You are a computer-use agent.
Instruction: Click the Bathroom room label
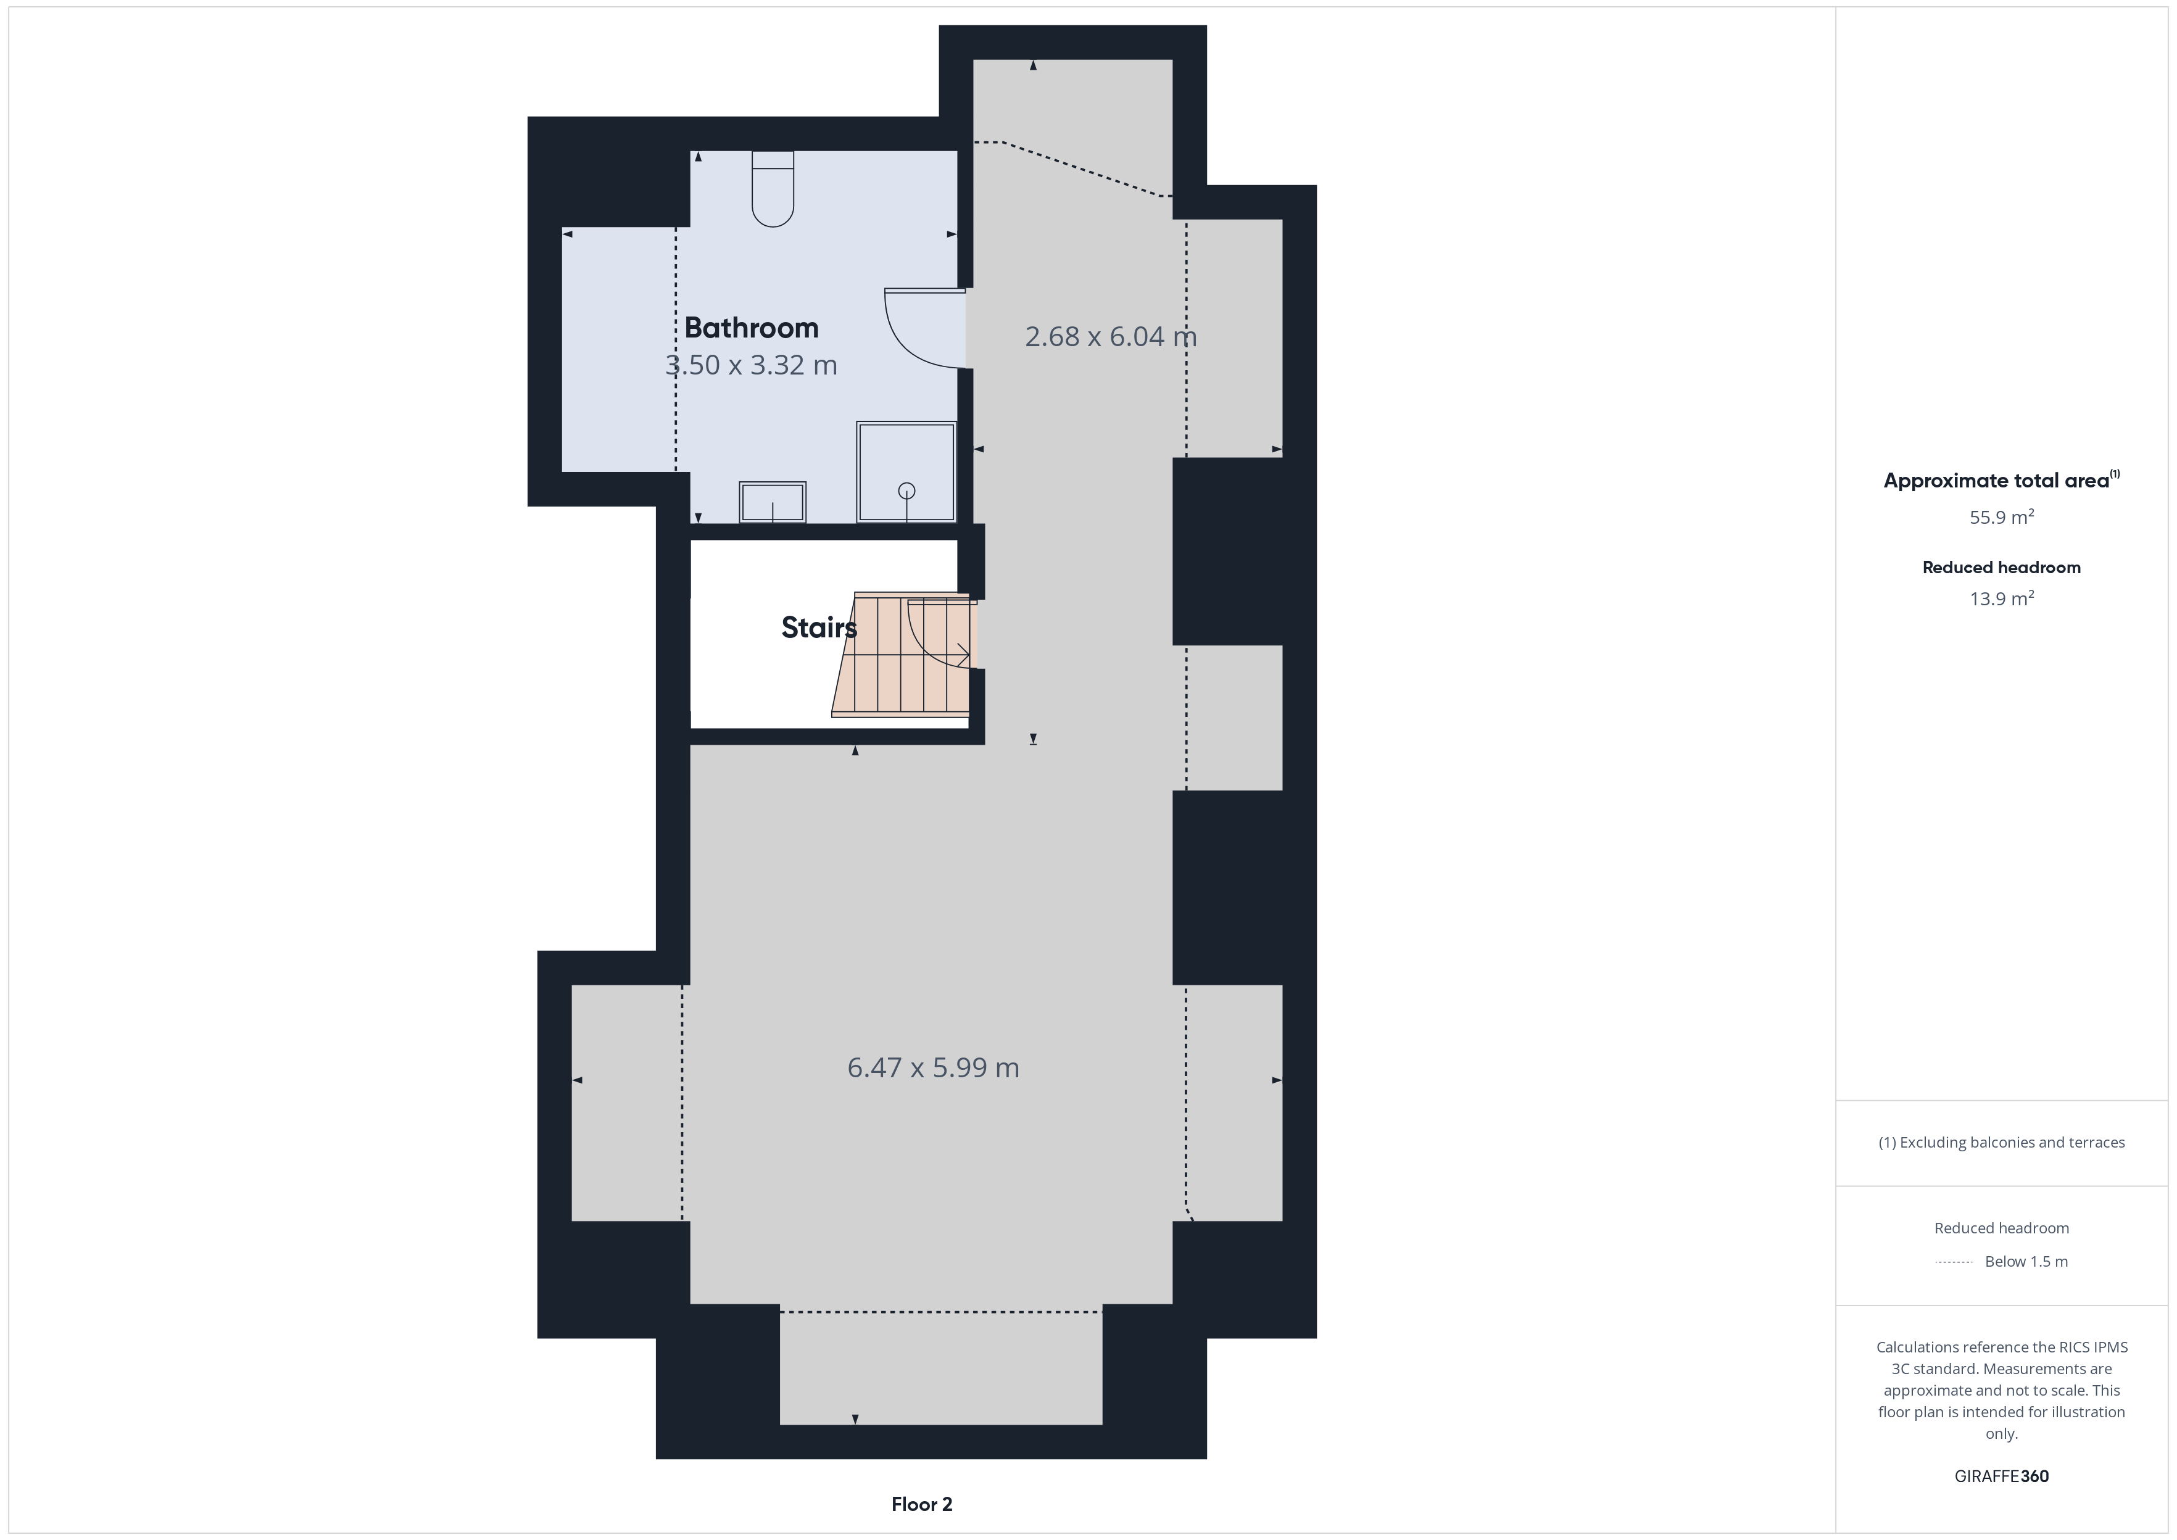tap(751, 328)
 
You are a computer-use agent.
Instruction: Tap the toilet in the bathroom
tap(773, 189)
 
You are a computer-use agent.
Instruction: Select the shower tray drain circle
tap(906, 491)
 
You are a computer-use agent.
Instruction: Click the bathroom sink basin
tap(773, 502)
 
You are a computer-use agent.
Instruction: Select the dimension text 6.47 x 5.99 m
tap(933, 1068)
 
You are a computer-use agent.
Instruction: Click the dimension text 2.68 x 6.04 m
tap(1110, 337)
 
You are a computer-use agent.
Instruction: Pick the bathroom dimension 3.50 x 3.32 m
tap(751, 365)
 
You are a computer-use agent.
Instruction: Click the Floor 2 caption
tap(922, 1504)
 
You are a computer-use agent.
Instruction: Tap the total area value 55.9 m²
tap(2002, 517)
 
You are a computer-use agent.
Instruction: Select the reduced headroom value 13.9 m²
tap(2002, 598)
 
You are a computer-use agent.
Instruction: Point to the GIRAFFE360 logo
tap(2002, 1476)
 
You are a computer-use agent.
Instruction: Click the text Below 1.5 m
tap(2026, 1261)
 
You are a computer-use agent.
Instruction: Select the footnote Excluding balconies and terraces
tap(2002, 1143)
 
